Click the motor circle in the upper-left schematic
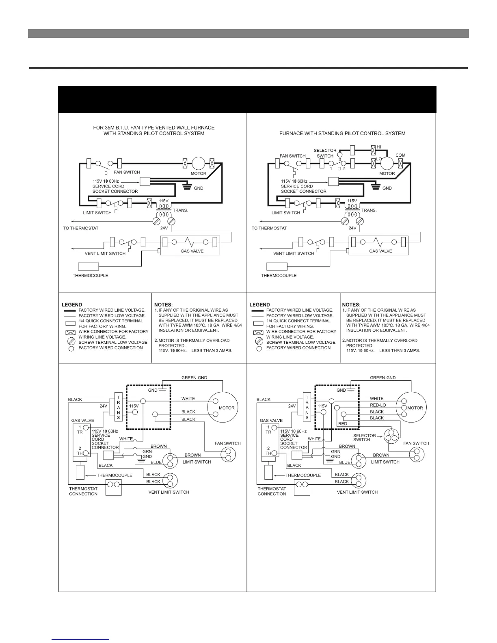199,163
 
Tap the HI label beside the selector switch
379,147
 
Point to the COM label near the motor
400,155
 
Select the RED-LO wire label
378,405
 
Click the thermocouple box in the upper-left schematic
89,266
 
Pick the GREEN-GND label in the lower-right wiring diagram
382,378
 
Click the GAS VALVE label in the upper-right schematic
380,251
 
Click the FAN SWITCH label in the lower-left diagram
228,443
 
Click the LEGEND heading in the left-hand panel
72,304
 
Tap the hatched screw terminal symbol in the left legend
71,342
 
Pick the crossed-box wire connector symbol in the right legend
258,332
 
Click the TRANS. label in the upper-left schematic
181,210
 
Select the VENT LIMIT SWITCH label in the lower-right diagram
357,492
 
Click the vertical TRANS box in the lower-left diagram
119,407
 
